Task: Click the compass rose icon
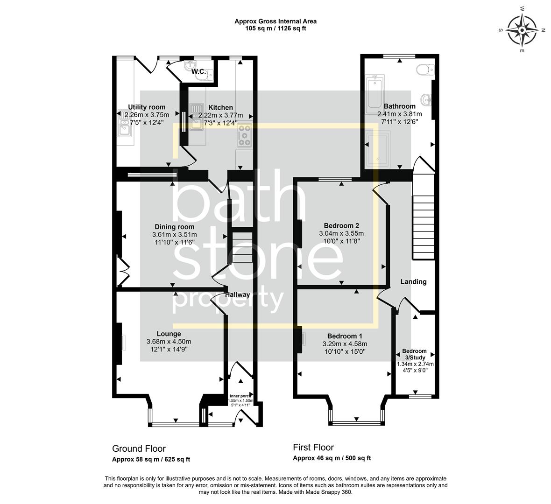click(x=522, y=29)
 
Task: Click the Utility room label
click(x=147, y=107)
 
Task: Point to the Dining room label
click(x=174, y=227)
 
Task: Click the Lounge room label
click(x=169, y=334)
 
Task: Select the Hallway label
click(x=237, y=295)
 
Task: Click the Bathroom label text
click(x=399, y=106)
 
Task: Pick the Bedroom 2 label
click(x=341, y=226)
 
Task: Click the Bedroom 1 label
click(x=345, y=336)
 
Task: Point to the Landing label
click(x=414, y=282)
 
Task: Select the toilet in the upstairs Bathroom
click(x=425, y=70)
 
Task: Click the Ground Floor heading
click(x=139, y=449)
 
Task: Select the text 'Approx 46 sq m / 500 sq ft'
click(x=332, y=458)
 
